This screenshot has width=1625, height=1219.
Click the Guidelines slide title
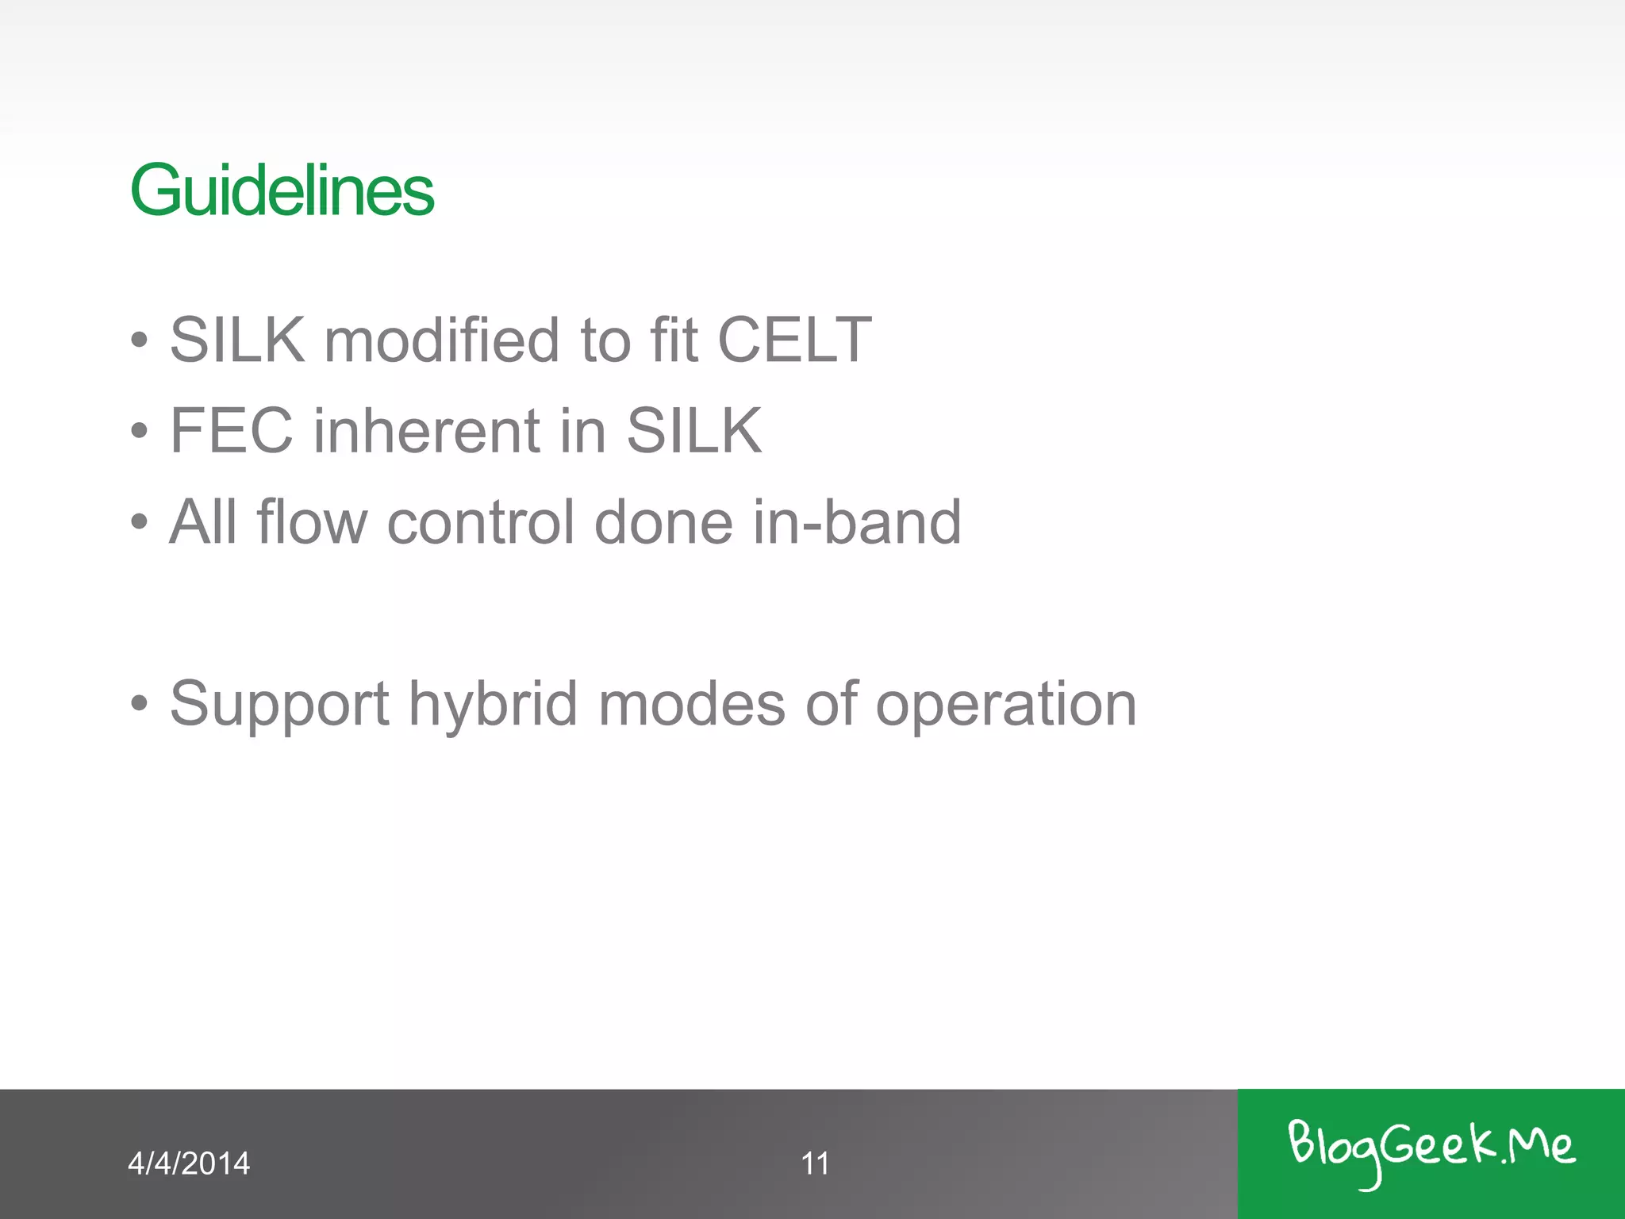pyautogui.click(x=282, y=190)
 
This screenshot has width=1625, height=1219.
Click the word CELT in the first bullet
pyautogui.click(x=793, y=340)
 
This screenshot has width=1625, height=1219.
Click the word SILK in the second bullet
pyautogui.click(x=693, y=430)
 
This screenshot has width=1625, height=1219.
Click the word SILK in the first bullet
pyautogui.click(x=237, y=340)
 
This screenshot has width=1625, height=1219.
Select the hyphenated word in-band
pyautogui.click(x=857, y=522)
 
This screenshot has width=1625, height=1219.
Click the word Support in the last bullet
pyautogui.click(x=279, y=705)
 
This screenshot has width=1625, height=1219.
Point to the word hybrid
pyautogui.click(x=493, y=705)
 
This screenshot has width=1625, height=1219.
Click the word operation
pyautogui.click(x=1006, y=705)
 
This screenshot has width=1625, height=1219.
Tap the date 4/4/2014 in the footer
pyautogui.click(x=189, y=1163)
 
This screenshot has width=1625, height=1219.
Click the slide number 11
pyautogui.click(x=815, y=1163)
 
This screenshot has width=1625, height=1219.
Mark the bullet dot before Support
pyautogui.click(x=140, y=703)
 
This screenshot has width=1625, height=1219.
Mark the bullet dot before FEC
pyautogui.click(x=140, y=431)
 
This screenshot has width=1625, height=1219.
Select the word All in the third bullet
pyautogui.click(x=203, y=522)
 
